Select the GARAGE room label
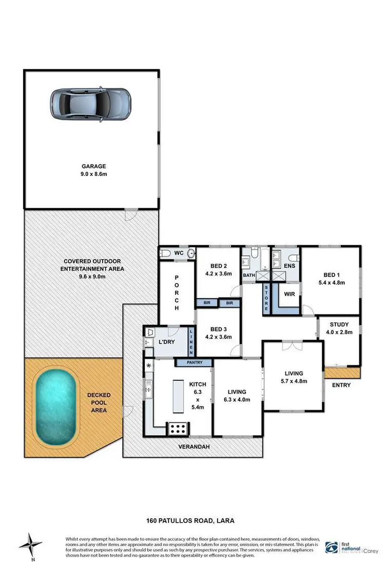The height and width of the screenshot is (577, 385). click(92, 166)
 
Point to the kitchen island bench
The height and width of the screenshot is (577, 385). click(179, 396)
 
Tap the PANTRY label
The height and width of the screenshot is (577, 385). click(194, 363)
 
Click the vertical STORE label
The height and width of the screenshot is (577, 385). click(266, 298)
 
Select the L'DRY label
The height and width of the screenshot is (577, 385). click(168, 342)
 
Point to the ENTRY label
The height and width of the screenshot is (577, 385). click(341, 385)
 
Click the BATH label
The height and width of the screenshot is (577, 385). click(248, 275)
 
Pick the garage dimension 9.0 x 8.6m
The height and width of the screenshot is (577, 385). click(92, 174)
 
